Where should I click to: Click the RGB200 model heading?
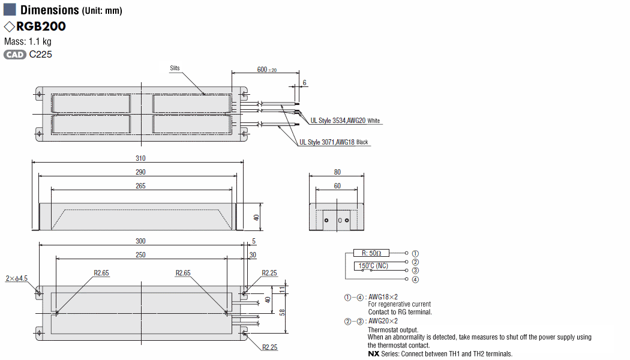[41, 26]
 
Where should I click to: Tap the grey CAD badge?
[15, 55]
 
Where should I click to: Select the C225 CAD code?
[41, 55]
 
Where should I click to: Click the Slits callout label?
[175, 68]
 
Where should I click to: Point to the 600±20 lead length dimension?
[267, 70]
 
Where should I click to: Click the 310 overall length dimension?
[140, 158]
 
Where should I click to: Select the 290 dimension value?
[140, 172]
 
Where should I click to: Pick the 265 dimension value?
[140, 186]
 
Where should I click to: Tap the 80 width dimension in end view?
[337, 172]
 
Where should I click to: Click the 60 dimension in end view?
[337, 186]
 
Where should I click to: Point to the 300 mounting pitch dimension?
[140, 241]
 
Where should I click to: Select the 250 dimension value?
[140, 255]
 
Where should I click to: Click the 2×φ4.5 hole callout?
[16, 278]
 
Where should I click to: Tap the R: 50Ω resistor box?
[371, 253]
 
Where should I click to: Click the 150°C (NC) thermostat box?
[373, 266]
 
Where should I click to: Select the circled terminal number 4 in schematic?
[415, 280]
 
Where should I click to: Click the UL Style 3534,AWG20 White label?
[345, 121]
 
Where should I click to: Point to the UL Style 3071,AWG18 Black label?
[334, 142]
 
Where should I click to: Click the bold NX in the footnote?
[374, 354]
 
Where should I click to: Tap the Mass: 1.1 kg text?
[28, 41]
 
